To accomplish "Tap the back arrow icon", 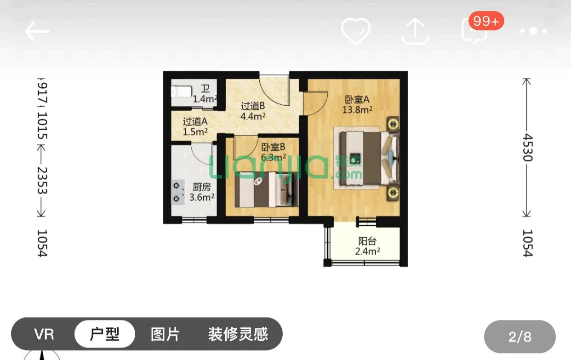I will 37,31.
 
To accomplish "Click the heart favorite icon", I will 355,31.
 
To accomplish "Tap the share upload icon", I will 415,31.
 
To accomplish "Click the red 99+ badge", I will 485,21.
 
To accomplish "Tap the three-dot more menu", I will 533,31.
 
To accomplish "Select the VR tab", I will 44,334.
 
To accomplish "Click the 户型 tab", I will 105,334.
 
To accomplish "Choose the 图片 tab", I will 165,334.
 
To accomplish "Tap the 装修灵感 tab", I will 238,334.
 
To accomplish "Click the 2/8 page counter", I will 520,337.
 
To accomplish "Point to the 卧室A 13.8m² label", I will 357,104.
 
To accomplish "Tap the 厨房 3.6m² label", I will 202,192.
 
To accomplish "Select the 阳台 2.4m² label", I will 367,246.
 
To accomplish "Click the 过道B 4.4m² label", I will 253,111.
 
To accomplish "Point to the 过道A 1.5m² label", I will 195,126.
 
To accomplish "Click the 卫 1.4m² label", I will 205,94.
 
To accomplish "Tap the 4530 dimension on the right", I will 527,148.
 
